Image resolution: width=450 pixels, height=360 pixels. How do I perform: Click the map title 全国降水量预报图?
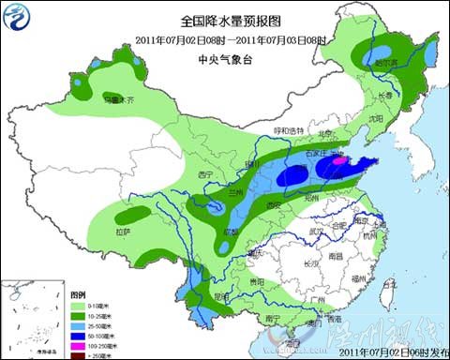pyautogui.click(x=224, y=20)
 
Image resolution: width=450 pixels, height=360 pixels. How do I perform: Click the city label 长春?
pyautogui.click(x=385, y=96)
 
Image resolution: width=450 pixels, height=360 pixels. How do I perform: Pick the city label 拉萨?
pyautogui.click(x=123, y=231)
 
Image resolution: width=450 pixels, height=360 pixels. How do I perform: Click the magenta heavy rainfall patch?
pyautogui.click(x=339, y=161)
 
